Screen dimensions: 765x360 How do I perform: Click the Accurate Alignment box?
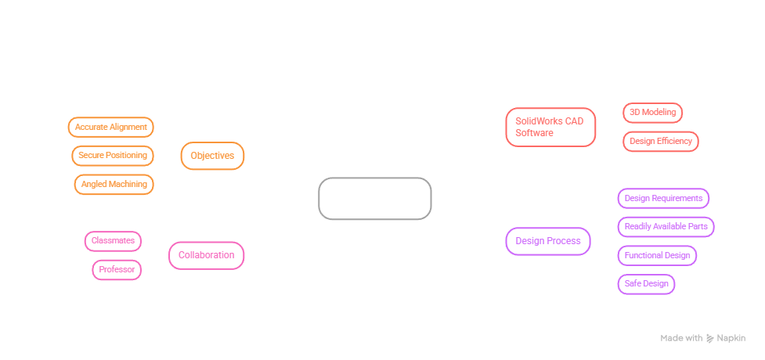click(x=110, y=128)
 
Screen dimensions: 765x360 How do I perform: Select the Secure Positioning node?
click(x=113, y=156)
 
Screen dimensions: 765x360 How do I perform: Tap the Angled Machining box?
click(x=114, y=185)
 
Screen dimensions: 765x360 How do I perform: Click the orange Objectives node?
click(x=212, y=156)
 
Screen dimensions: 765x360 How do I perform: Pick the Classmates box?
click(x=114, y=241)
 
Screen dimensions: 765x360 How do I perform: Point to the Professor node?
click(x=117, y=270)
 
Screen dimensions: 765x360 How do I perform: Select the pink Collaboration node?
click(x=207, y=256)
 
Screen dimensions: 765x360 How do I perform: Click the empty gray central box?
click(x=375, y=199)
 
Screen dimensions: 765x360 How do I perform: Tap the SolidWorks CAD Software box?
click(x=550, y=128)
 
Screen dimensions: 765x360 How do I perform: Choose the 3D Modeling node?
click(x=652, y=113)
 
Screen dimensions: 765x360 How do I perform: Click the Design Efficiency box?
click(x=661, y=142)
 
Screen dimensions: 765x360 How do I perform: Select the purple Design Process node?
click(x=548, y=241)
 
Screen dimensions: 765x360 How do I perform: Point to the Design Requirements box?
click(x=663, y=199)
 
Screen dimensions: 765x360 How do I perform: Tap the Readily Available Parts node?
click(x=666, y=227)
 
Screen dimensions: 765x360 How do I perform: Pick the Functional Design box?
click(x=657, y=256)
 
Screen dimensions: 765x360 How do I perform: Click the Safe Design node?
click(x=647, y=284)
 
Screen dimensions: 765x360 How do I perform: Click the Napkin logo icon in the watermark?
click(x=710, y=339)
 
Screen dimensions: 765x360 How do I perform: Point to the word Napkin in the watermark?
click(x=731, y=339)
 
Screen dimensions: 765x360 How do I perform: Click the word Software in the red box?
click(x=534, y=133)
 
